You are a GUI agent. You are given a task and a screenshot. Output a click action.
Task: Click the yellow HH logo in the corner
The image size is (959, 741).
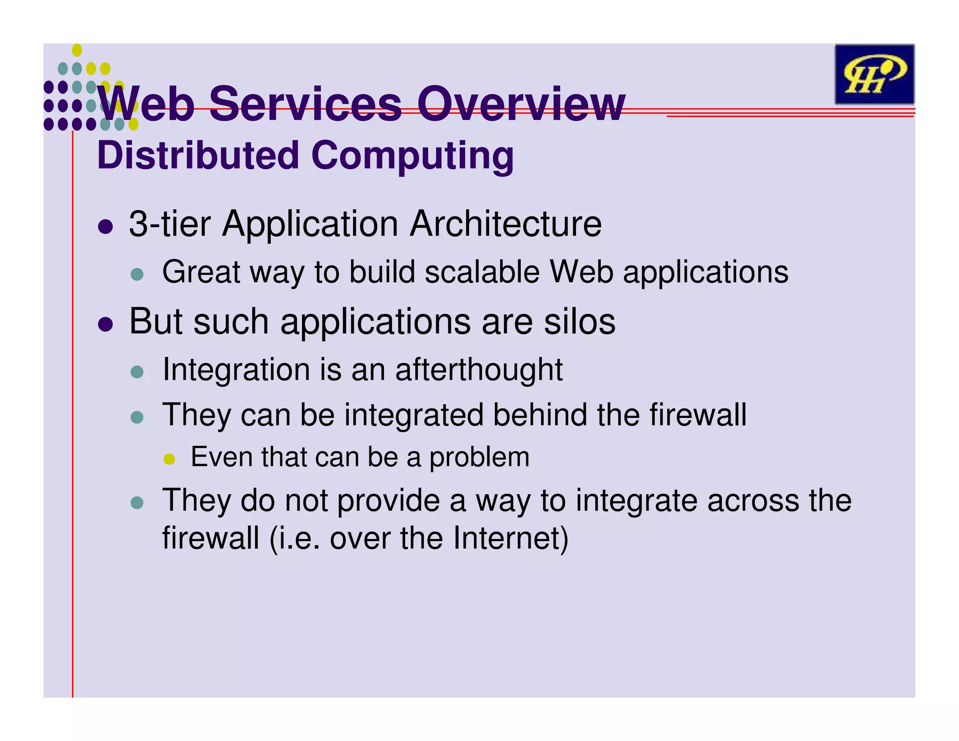(x=874, y=74)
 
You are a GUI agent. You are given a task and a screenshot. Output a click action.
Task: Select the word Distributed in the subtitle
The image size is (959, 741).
(x=198, y=156)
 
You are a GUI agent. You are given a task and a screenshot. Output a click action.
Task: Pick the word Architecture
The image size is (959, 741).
(x=506, y=224)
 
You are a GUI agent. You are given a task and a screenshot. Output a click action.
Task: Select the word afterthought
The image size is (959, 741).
(x=479, y=370)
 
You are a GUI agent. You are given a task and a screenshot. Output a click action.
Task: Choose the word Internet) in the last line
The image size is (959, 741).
(x=510, y=538)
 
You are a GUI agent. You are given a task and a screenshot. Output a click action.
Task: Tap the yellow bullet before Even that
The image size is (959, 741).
(x=169, y=459)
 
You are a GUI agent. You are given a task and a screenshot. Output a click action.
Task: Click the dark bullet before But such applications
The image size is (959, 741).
(x=106, y=324)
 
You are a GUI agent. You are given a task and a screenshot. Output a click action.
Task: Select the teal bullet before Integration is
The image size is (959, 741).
(x=137, y=372)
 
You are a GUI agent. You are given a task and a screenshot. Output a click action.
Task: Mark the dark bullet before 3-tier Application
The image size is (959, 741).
(x=106, y=227)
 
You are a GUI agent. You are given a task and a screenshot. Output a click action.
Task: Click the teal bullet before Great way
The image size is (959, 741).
(x=137, y=274)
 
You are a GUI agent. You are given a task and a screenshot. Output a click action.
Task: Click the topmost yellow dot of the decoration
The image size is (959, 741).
(x=77, y=50)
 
